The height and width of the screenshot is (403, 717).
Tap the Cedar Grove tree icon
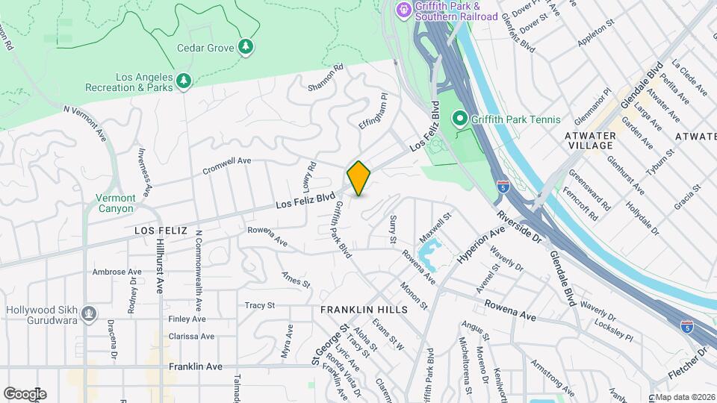(246, 47)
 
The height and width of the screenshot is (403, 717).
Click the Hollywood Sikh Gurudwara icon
(90, 312)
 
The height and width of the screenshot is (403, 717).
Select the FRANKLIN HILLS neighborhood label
(364, 309)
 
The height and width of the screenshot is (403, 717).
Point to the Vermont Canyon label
(116, 203)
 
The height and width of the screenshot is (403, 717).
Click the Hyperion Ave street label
(482, 244)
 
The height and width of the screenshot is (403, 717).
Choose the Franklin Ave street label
(196, 367)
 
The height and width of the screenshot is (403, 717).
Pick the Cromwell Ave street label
(227, 165)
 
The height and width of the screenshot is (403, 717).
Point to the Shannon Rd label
(326, 78)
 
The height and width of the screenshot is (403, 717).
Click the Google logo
(25, 394)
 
